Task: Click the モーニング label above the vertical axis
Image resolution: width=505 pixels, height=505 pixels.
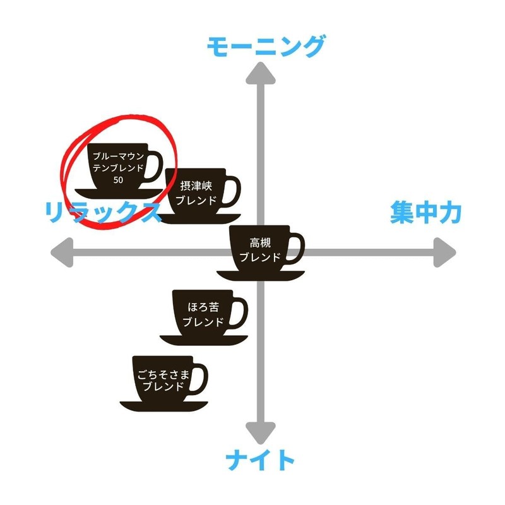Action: [266, 47]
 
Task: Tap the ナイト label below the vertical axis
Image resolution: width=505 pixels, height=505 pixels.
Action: [260, 460]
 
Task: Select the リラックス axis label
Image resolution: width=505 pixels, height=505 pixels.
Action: [102, 212]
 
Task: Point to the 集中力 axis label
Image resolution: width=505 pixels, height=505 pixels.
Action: [425, 212]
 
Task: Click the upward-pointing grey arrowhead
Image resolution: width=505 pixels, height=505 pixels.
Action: [261, 74]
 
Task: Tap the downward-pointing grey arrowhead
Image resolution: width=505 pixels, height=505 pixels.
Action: [261, 432]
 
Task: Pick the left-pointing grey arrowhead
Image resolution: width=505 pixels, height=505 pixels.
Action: [62, 252]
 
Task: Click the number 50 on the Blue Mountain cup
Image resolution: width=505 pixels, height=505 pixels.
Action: [118, 180]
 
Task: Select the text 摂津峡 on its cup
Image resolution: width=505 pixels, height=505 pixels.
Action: [196, 186]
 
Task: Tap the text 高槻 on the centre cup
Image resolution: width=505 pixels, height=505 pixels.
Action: [260, 242]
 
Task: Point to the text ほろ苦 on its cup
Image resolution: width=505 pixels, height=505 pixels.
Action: [203, 307]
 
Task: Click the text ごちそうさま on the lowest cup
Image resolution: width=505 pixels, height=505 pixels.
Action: [163, 374]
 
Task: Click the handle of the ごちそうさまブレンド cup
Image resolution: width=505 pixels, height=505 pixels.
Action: [200, 380]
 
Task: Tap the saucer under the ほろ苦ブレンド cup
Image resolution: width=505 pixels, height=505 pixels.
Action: [204, 340]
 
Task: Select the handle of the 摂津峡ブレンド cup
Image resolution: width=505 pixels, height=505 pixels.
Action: [233, 193]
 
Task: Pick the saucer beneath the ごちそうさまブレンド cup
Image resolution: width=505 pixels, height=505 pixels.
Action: [164, 406]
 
